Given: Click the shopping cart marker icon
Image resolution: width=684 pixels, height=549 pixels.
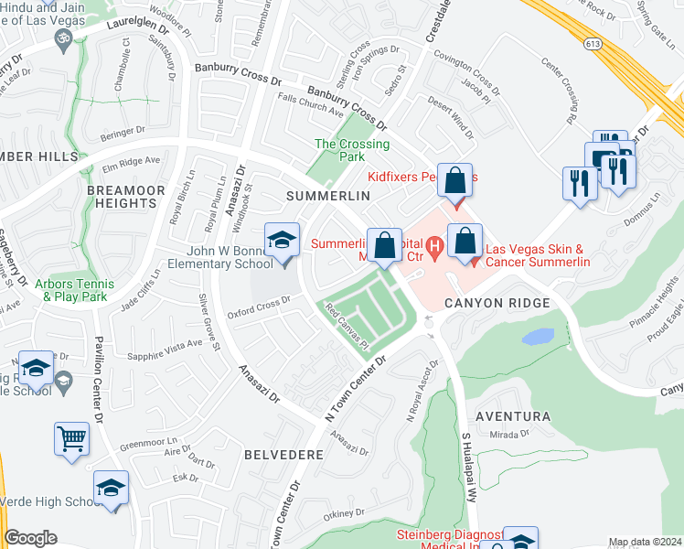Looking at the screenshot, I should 71,439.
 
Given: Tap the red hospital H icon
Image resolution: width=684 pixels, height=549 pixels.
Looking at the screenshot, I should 435,245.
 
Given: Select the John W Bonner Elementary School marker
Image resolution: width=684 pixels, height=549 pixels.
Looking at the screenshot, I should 283,241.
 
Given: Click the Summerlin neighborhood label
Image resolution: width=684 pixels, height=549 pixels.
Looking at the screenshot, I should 327,197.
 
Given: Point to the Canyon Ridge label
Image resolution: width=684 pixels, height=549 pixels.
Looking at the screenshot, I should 497,303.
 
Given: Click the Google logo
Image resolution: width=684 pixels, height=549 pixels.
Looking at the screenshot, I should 30,538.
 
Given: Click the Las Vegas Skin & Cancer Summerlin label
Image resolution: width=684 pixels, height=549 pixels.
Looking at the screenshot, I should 538,255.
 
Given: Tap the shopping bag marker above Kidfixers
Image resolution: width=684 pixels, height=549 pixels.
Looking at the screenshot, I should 454,181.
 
